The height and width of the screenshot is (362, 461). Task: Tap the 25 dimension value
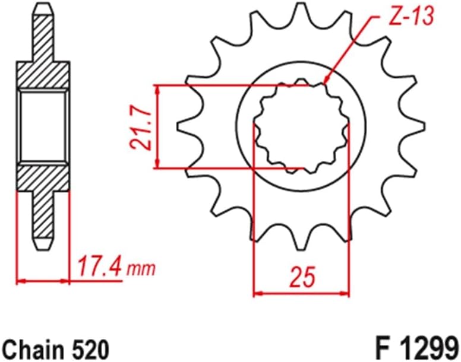pos(301,277)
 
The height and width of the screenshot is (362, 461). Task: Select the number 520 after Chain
pos(90,347)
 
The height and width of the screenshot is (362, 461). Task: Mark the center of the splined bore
pos(301,126)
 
